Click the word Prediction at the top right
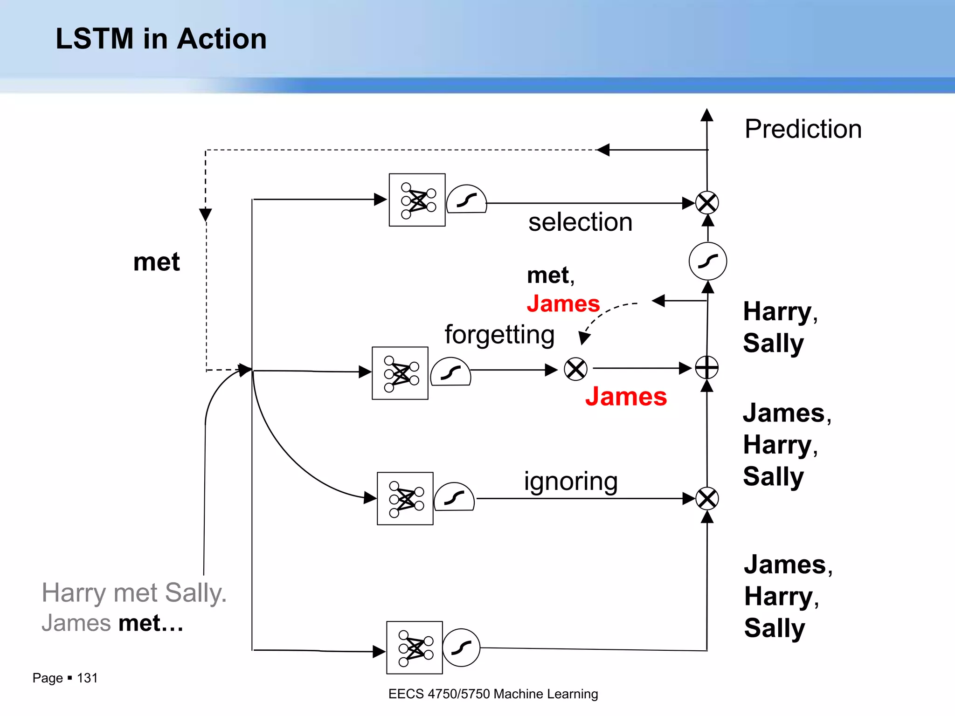(x=803, y=129)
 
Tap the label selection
(x=580, y=222)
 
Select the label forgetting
(x=499, y=335)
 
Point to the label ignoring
(x=571, y=481)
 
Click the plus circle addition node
(x=707, y=368)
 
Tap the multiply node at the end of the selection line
(x=707, y=203)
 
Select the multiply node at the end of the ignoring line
(x=707, y=499)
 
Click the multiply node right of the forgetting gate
(x=575, y=369)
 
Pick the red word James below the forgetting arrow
(x=626, y=397)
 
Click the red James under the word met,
(x=563, y=304)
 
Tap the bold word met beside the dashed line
(x=156, y=262)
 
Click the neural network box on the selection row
(x=417, y=200)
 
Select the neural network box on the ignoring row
(x=405, y=499)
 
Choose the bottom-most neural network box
(x=414, y=647)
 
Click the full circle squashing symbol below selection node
(x=707, y=261)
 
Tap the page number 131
(x=87, y=678)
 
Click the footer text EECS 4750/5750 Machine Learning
(x=493, y=694)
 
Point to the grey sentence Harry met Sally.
(x=134, y=593)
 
